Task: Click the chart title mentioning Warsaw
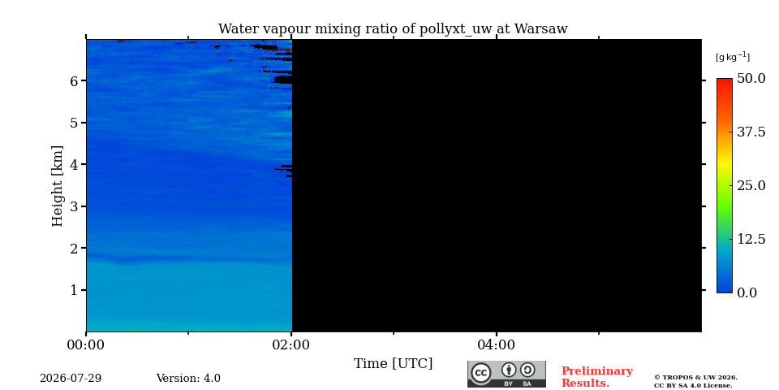click(x=393, y=29)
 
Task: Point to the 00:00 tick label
click(x=86, y=344)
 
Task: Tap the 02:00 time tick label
click(x=291, y=344)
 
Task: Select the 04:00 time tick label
click(x=496, y=344)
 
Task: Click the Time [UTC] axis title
click(x=393, y=364)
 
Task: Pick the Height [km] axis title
click(x=58, y=186)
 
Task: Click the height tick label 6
click(x=75, y=80)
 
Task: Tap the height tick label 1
click(x=75, y=290)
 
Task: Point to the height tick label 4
click(x=75, y=164)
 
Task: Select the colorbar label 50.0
click(x=751, y=78)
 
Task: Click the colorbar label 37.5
click(x=751, y=132)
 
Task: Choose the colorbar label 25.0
click(x=751, y=185)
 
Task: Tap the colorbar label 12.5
click(x=751, y=239)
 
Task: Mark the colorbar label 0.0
click(x=747, y=292)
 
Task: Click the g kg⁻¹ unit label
click(x=733, y=57)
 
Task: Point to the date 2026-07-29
click(x=71, y=379)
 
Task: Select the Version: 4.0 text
click(x=188, y=379)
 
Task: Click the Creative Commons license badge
click(x=506, y=374)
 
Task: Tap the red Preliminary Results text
click(x=597, y=377)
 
